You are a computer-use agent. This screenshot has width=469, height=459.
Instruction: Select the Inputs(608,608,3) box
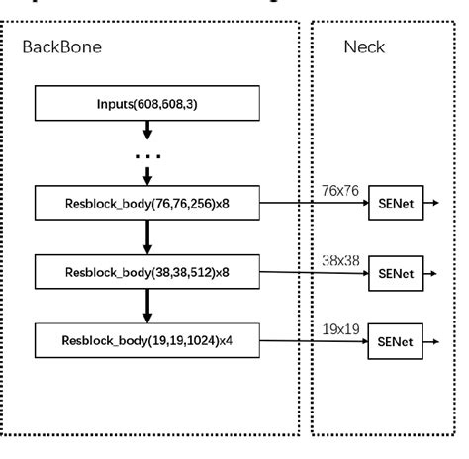[147, 103]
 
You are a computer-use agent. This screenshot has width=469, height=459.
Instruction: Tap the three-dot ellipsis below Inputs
[147, 155]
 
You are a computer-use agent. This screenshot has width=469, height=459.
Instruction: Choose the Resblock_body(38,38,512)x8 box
[147, 270]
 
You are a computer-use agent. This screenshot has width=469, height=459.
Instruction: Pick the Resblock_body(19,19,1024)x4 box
[147, 342]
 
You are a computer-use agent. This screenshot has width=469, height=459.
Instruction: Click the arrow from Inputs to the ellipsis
[147, 130]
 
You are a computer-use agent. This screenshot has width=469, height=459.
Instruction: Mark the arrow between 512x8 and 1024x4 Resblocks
[147, 306]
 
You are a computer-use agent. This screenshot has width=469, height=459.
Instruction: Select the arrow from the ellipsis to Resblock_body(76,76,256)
[147, 176]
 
